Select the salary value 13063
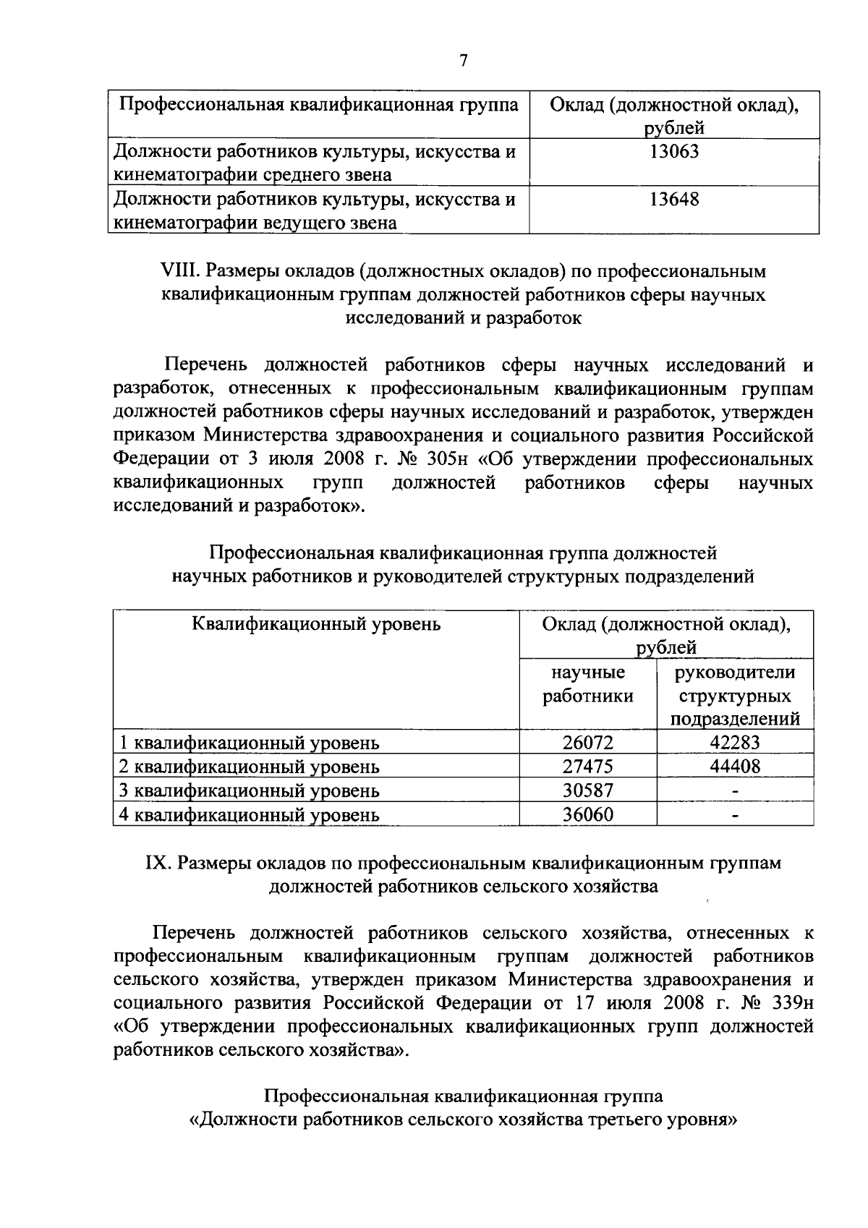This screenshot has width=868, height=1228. click(673, 151)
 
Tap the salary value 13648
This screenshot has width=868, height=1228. click(673, 199)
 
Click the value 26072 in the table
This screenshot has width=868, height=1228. click(588, 742)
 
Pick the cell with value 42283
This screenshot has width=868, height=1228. click(735, 742)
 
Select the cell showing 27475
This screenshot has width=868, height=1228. click(588, 766)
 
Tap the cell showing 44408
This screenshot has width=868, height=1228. click(735, 766)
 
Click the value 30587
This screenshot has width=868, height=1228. click(588, 790)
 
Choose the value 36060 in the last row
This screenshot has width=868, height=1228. click(588, 815)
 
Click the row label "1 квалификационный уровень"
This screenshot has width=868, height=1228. click(249, 743)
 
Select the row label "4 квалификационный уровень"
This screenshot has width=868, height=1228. click(249, 816)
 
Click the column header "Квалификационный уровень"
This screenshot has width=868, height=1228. click(316, 623)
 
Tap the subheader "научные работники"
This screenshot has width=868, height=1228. click(588, 684)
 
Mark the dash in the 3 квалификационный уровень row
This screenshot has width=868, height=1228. click(735, 792)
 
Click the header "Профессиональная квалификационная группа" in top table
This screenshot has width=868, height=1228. click(318, 104)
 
